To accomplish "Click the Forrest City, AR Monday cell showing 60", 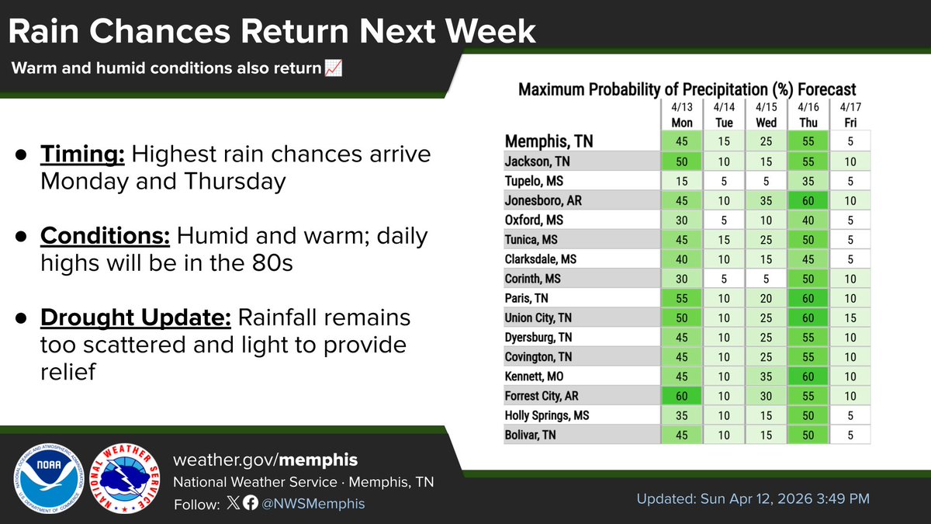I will [x=681, y=396].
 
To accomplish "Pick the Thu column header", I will [x=806, y=123].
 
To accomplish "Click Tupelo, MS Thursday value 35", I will [x=806, y=180].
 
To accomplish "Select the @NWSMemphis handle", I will [x=313, y=504].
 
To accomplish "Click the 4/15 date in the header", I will [x=765, y=107].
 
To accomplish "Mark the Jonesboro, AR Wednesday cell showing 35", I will [x=765, y=200].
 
